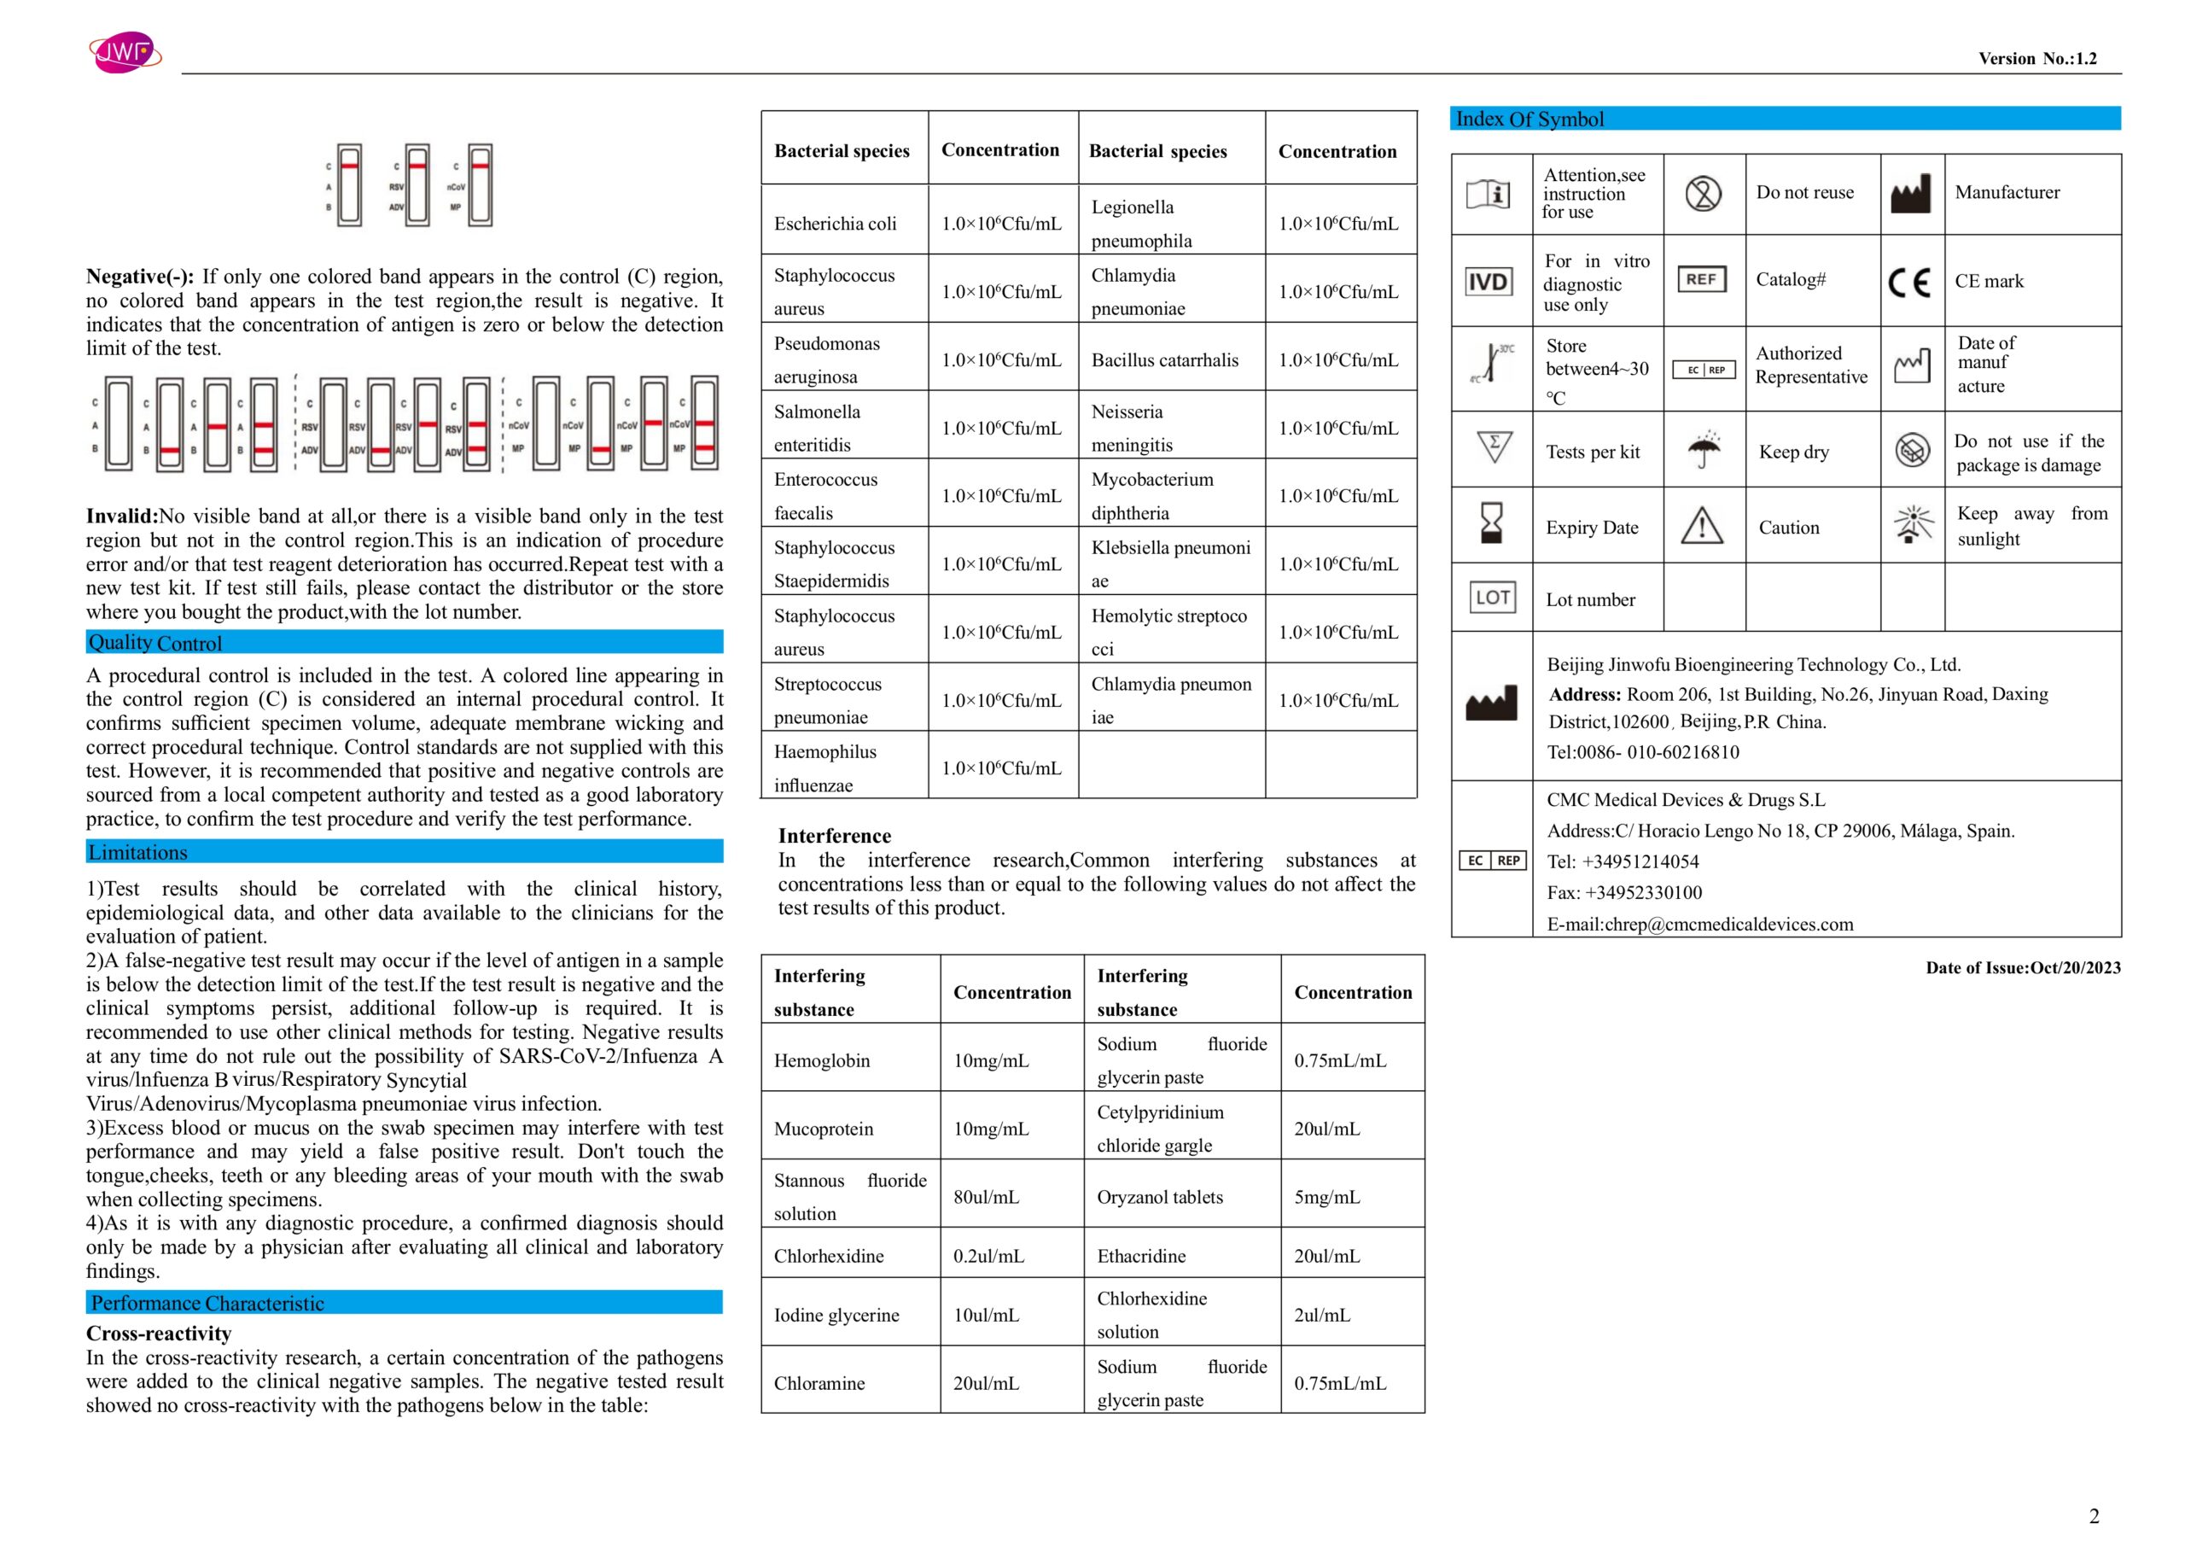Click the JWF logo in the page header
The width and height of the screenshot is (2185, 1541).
pyautogui.click(x=124, y=51)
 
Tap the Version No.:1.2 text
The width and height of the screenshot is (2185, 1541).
pyautogui.click(x=2036, y=59)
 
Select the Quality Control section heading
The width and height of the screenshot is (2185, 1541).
pyautogui.click(x=155, y=644)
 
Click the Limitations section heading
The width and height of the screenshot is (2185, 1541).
pyautogui.click(x=138, y=853)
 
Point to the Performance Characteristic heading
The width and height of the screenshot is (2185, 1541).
pyautogui.click(x=207, y=1303)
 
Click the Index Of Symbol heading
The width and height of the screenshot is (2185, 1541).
pyautogui.click(x=1529, y=119)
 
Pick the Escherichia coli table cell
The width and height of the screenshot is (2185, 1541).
pyautogui.click(x=835, y=224)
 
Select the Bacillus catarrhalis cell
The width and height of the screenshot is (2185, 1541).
pyautogui.click(x=1164, y=359)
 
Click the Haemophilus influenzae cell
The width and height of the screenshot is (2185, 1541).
pyautogui.click(x=825, y=768)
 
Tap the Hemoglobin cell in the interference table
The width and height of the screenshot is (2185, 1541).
pyautogui.click(x=821, y=1060)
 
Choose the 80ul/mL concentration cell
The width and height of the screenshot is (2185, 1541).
pyautogui.click(x=986, y=1196)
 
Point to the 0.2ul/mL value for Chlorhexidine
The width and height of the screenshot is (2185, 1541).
pyautogui.click(x=988, y=1256)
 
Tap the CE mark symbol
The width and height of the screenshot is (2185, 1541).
pyautogui.click(x=1909, y=282)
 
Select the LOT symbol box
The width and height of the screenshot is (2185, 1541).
pyautogui.click(x=1491, y=598)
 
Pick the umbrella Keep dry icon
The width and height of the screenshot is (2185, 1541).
pyautogui.click(x=1704, y=449)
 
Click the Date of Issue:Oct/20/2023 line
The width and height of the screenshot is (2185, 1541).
pyautogui.click(x=2022, y=968)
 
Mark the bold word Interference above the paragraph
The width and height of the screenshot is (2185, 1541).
pyautogui.click(x=834, y=836)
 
